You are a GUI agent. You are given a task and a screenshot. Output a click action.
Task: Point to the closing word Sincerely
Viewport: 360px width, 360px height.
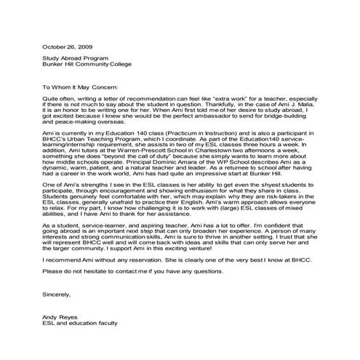point(57,295)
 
